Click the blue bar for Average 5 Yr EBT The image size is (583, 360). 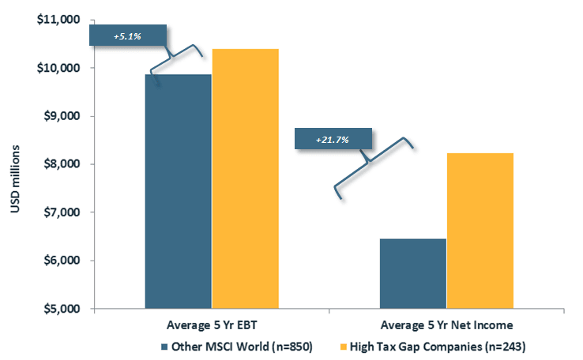coord(178,191)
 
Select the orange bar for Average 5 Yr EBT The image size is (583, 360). coord(246,178)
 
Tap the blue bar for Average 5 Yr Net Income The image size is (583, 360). coord(412,273)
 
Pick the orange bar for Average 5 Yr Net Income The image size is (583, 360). coord(480,231)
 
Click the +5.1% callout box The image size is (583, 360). coord(128,36)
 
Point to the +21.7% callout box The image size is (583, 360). coord(333,139)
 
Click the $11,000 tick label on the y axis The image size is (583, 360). coord(58,19)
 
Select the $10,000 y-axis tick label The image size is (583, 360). coord(58,68)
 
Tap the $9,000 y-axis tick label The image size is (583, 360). coord(62,116)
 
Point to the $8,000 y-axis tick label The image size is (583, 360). coord(62,164)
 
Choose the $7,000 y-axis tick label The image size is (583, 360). coord(62,212)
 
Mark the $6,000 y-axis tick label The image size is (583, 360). coord(62,261)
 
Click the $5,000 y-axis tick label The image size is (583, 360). coord(62,309)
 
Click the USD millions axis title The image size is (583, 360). coord(15,178)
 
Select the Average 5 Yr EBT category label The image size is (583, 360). coord(212,325)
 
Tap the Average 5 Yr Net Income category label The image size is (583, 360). coord(446,325)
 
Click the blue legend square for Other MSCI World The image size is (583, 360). coord(164,347)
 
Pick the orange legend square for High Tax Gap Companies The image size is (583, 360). coord(343,347)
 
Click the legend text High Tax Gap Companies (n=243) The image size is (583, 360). coord(438,347)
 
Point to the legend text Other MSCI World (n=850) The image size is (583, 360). coord(242,347)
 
